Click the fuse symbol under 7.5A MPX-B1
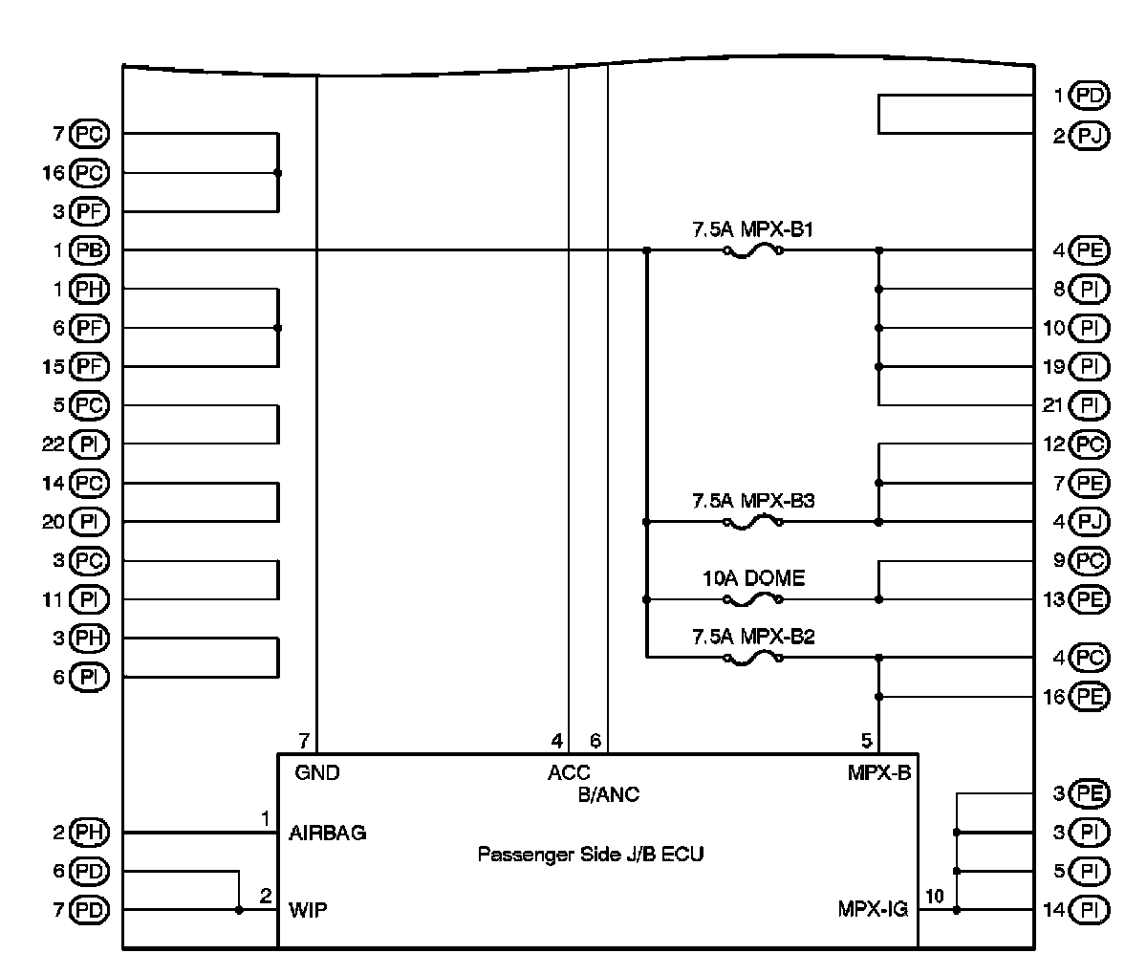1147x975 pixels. click(x=753, y=251)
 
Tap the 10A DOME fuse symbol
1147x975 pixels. click(x=753, y=600)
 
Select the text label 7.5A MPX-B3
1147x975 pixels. click(x=753, y=501)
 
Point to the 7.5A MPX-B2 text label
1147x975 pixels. click(x=753, y=637)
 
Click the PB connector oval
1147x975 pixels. click(x=93, y=251)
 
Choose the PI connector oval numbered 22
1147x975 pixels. click(x=93, y=444)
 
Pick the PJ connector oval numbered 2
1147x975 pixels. click(x=1091, y=136)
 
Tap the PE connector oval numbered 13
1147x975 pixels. click(x=1091, y=600)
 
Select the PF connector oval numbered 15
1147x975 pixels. click(x=93, y=367)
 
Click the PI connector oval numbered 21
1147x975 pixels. click(x=1091, y=406)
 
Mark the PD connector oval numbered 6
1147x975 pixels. click(x=93, y=872)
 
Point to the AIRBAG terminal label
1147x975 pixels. click(x=328, y=834)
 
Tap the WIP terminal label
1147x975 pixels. click(x=308, y=911)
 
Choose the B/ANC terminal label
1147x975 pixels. click(x=609, y=794)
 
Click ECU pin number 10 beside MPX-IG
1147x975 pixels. click(x=934, y=897)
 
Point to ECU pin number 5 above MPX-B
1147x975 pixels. click(x=867, y=741)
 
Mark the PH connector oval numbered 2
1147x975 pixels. click(x=93, y=834)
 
